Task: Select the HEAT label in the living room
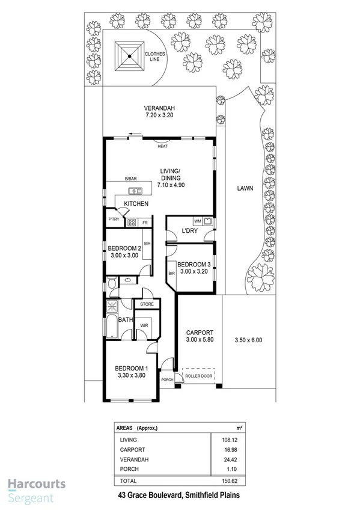(x=162, y=146)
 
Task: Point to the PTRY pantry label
(x=114, y=220)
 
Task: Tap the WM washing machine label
(x=198, y=220)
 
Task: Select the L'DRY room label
(x=190, y=231)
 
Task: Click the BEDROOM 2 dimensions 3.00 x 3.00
(x=123, y=256)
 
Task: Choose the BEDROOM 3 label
(x=193, y=263)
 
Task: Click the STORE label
(x=147, y=305)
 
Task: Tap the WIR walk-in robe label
(x=144, y=325)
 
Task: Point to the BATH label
(x=126, y=320)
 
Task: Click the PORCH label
(x=166, y=379)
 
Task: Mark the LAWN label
(x=245, y=188)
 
